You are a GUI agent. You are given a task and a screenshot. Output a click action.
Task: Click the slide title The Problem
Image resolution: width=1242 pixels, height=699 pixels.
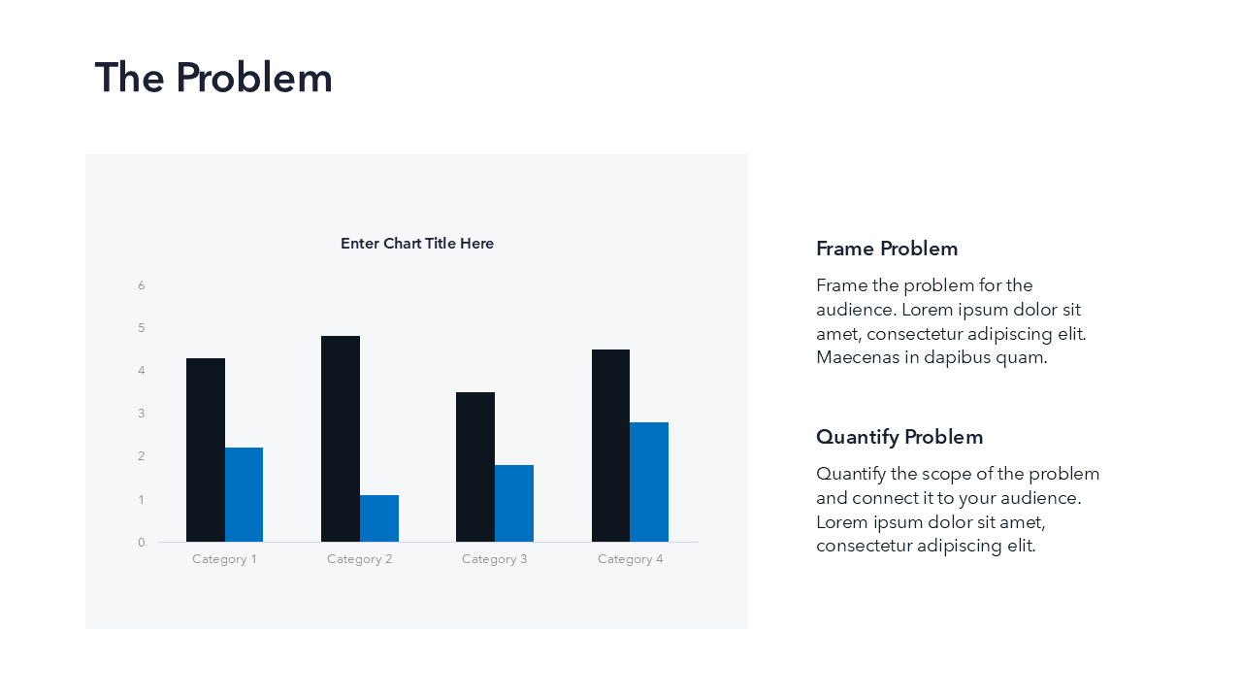coord(213,78)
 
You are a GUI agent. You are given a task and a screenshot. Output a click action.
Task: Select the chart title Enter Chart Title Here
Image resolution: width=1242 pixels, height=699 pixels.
coord(417,244)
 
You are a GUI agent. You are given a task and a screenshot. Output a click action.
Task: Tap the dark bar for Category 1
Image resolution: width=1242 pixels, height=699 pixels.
coord(206,449)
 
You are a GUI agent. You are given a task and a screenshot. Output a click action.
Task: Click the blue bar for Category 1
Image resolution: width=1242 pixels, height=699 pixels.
coord(244,495)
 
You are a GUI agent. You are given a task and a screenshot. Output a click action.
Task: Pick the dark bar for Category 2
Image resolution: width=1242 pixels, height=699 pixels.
coord(341,439)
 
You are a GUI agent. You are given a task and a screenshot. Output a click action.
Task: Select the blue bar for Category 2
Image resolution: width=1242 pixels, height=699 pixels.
coord(379,518)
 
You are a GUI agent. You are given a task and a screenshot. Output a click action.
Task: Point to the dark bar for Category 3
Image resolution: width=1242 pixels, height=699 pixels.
coord(475,467)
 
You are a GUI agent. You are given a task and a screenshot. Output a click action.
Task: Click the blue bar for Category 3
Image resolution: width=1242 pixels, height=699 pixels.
coord(514,503)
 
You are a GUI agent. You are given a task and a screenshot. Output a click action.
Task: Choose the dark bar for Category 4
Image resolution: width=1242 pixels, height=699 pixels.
coord(611,446)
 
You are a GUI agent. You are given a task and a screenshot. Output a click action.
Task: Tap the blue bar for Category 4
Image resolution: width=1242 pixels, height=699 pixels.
coord(649,483)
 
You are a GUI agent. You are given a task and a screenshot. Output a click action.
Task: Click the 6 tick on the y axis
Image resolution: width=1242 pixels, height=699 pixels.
coord(142,285)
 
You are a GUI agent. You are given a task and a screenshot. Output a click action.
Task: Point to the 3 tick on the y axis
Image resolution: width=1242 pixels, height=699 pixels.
coord(142,414)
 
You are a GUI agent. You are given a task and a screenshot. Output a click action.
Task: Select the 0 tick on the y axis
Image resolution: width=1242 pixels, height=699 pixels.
coord(142,542)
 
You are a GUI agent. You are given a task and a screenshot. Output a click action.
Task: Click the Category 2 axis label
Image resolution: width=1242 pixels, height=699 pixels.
coord(359,559)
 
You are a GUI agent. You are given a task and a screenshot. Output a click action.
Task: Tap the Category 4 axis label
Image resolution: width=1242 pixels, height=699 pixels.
coord(630,559)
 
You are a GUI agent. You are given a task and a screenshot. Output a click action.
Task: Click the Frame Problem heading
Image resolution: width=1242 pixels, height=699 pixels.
coord(887,249)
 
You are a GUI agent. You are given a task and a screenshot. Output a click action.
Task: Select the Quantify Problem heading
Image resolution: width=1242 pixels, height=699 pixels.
coord(899,437)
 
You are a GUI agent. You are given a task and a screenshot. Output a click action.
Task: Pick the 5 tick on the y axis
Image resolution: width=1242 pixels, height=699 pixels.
coord(142,328)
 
